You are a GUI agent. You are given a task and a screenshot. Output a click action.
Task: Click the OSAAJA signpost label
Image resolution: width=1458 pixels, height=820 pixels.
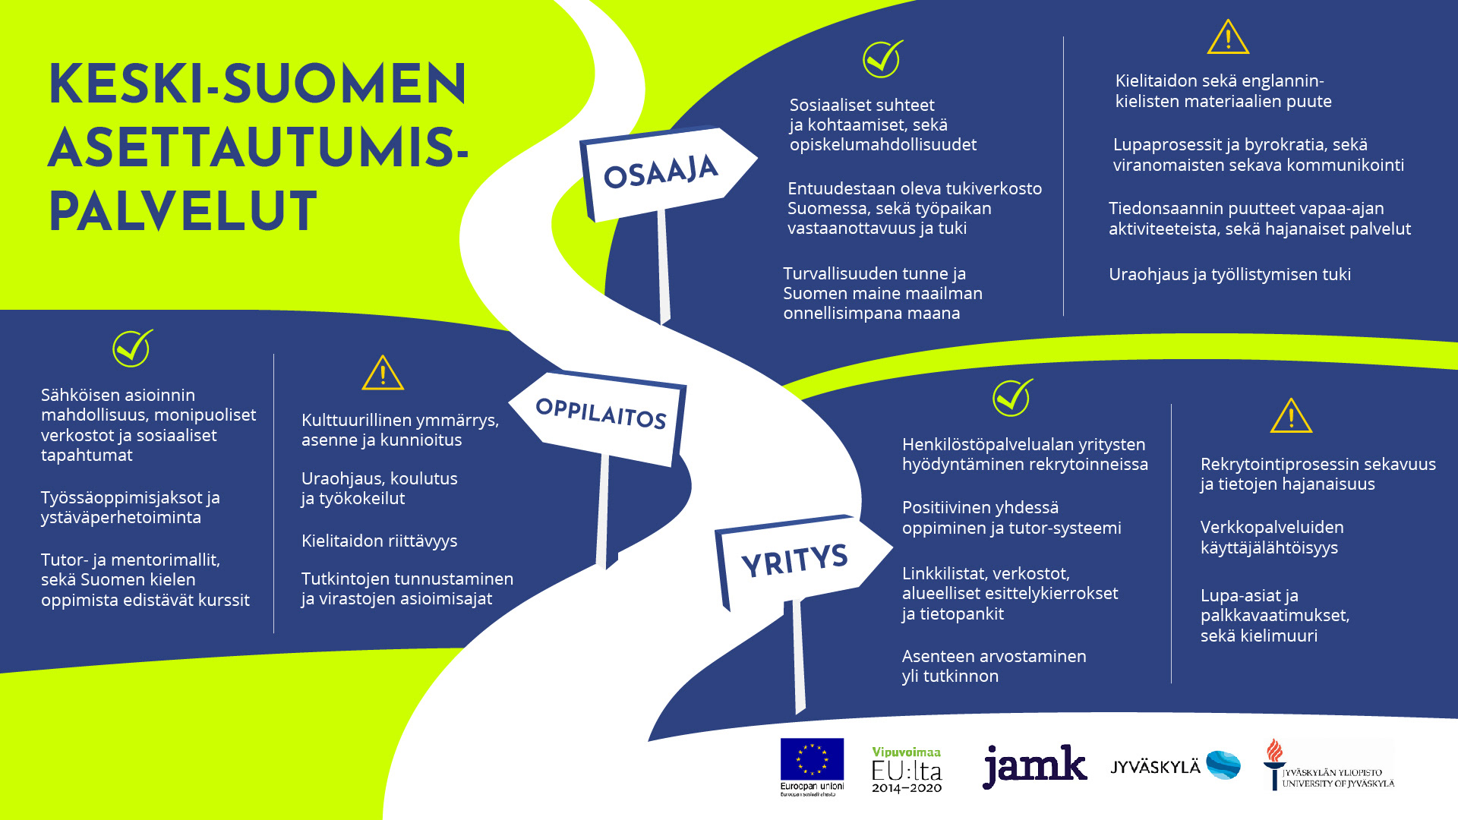661,172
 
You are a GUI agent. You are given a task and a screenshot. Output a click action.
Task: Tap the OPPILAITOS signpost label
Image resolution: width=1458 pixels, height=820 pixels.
601,413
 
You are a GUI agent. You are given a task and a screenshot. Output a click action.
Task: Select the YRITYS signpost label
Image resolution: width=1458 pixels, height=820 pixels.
794,560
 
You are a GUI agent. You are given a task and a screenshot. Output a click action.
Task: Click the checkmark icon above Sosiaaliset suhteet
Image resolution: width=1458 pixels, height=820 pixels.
882,59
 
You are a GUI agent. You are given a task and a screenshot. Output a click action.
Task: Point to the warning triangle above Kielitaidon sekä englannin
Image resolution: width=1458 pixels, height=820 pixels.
1228,38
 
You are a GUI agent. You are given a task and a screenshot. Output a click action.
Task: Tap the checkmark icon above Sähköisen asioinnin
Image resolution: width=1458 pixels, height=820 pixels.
132,348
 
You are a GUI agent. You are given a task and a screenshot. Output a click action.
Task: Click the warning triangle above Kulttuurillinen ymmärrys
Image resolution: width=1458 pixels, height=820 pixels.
383,373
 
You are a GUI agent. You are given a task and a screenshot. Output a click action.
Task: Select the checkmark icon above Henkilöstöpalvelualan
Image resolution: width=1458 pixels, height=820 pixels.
1011,398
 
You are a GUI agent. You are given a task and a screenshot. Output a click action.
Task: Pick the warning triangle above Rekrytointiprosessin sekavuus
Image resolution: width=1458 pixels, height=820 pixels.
1291,416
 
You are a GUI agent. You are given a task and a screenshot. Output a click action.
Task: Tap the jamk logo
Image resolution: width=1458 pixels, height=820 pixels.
1034,765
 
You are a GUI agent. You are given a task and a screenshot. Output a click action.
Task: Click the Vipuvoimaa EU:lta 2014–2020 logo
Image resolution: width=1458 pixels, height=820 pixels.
907,770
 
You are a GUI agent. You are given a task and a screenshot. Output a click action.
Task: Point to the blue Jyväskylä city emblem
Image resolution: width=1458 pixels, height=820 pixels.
1223,765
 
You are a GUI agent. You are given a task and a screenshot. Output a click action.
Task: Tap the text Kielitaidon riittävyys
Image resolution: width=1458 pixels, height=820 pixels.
379,541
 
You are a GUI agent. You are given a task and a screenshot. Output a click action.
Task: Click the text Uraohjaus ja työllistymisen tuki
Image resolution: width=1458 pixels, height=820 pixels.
1229,274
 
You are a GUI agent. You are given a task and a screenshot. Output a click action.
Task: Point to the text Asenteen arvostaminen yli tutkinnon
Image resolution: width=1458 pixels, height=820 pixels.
993,666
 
